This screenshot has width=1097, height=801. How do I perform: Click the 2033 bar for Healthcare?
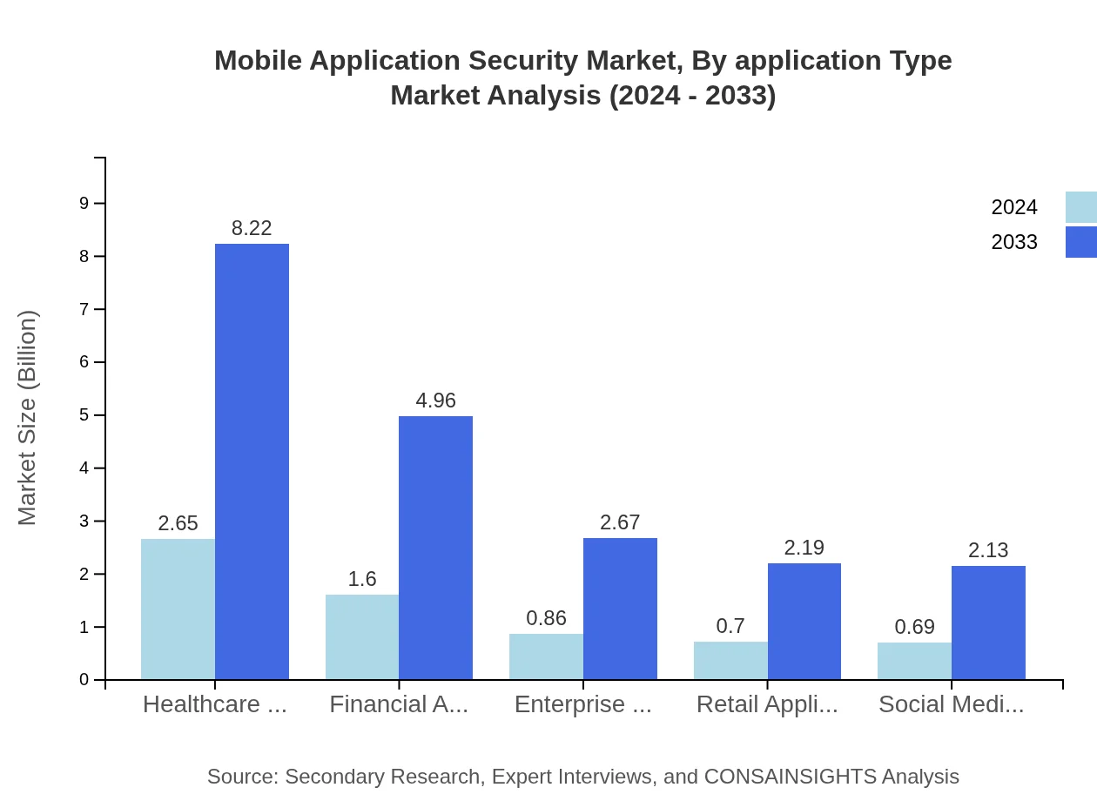click(x=252, y=461)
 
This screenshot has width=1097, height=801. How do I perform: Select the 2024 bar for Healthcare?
click(x=178, y=609)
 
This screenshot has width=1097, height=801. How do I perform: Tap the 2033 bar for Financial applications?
click(x=435, y=548)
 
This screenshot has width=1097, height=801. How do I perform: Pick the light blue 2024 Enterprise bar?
click(x=546, y=656)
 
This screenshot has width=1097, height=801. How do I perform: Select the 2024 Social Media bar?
click(x=914, y=661)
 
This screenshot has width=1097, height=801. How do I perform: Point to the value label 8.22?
click(x=252, y=228)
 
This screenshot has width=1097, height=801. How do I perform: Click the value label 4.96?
click(x=435, y=400)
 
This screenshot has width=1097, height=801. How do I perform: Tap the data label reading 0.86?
click(x=546, y=618)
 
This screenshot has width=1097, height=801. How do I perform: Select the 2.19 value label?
click(x=804, y=548)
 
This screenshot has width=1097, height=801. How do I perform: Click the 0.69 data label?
click(x=914, y=627)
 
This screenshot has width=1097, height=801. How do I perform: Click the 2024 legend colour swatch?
click(x=1081, y=207)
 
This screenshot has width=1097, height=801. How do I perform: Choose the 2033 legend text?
click(x=1014, y=242)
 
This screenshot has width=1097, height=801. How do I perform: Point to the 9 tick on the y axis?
click(x=84, y=203)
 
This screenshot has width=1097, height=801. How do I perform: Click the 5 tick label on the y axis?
click(x=84, y=415)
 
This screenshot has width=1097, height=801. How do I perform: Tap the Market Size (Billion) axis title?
click(x=28, y=418)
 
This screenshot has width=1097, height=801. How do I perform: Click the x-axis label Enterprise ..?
click(x=582, y=704)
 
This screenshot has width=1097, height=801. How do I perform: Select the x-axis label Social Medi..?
click(x=951, y=704)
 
